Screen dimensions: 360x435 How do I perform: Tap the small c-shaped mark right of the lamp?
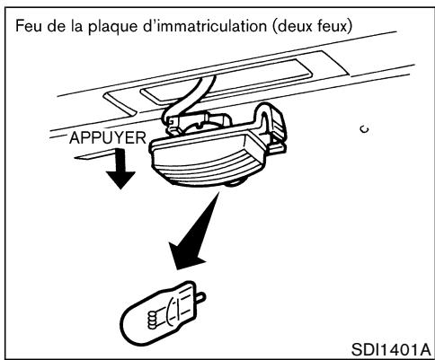(x=334, y=129)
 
